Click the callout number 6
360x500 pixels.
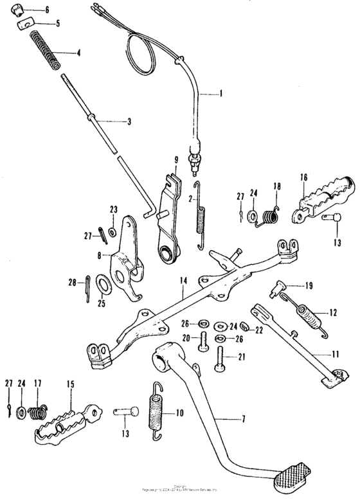pos(46,11)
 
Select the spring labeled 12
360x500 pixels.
pos(312,317)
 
